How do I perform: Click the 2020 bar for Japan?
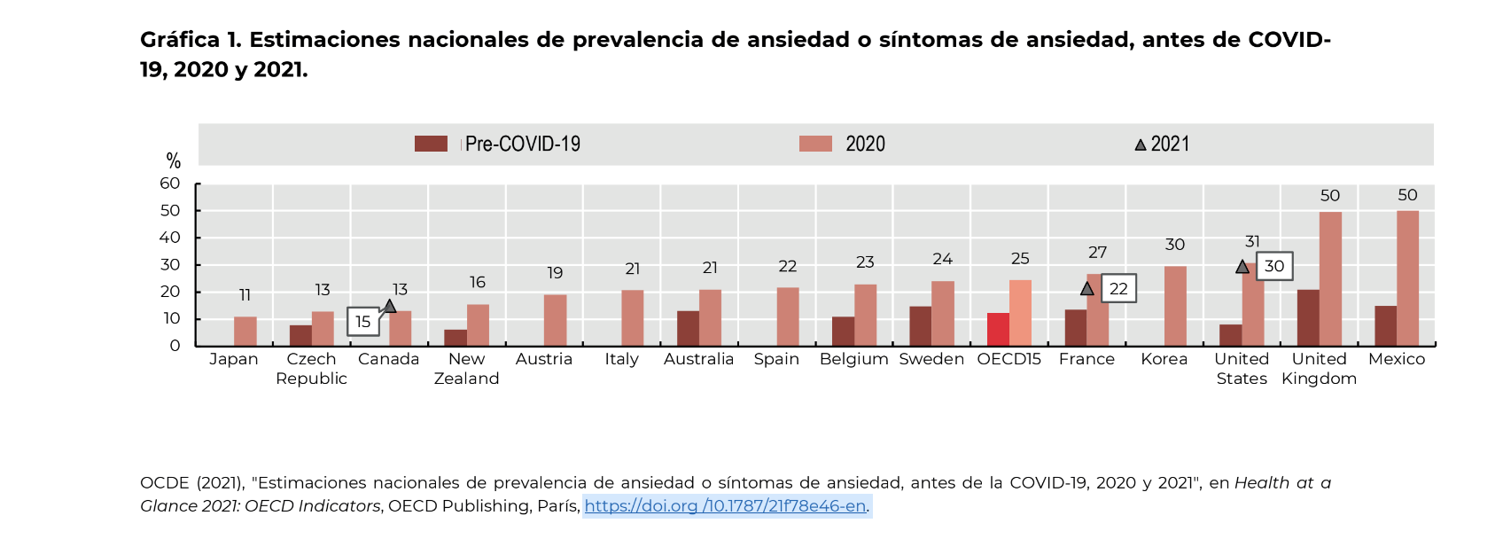[245, 331]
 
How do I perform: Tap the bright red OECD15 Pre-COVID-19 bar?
[998, 329]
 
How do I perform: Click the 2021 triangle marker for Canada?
[389, 307]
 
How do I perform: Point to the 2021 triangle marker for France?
[1087, 289]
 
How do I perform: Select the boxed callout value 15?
[363, 322]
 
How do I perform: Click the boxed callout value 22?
[1118, 289]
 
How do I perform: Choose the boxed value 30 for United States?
[1274, 266]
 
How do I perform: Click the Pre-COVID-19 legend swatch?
[431, 144]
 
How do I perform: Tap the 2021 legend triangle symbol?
[1141, 145]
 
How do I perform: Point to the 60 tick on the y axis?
[170, 184]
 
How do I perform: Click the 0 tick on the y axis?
[175, 346]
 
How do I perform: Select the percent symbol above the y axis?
[174, 161]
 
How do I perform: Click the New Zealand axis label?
[466, 369]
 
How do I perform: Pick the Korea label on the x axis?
[1164, 359]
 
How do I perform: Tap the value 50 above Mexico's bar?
[1407, 195]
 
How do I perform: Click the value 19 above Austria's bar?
[555, 273]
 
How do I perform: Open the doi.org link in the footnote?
[725, 506]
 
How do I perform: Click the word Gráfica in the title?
[180, 40]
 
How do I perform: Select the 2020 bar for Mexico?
[1407, 278]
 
